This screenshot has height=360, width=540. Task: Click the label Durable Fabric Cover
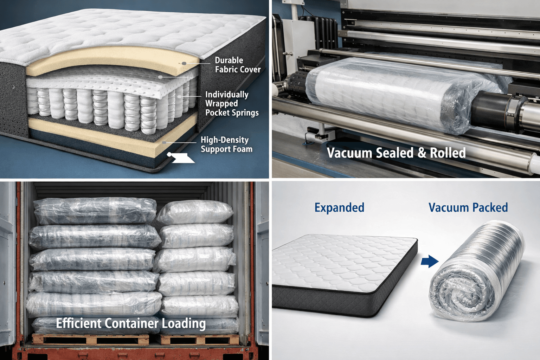click(238, 65)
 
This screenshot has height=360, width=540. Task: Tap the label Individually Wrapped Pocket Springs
click(232, 104)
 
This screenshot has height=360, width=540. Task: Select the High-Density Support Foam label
click(226, 144)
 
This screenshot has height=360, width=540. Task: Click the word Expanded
click(339, 208)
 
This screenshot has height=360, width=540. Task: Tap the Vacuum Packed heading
click(468, 208)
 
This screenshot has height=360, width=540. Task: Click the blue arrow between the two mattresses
click(429, 262)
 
